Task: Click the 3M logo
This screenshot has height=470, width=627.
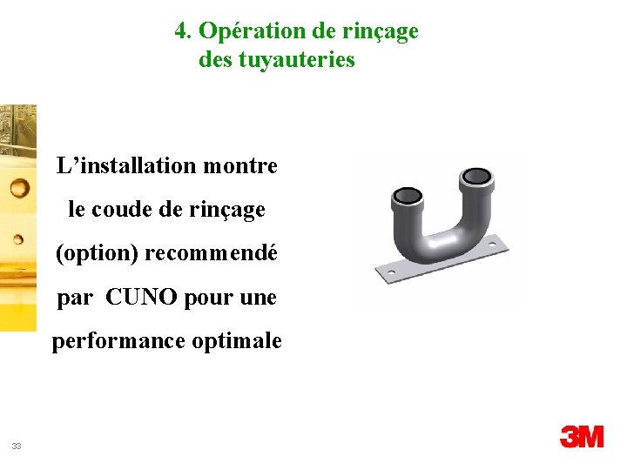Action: pyautogui.click(x=581, y=437)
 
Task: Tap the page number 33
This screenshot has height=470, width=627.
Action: pyautogui.click(x=17, y=446)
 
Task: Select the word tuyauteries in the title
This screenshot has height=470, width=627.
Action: pyautogui.click(x=296, y=60)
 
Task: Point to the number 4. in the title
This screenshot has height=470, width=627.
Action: pyautogui.click(x=183, y=31)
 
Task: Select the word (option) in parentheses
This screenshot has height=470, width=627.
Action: pyautogui.click(x=97, y=254)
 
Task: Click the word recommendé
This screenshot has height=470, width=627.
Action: pyautogui.click(x=211, y=254)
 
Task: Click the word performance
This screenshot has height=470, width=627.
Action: pyautogui.click(x=114, y=341)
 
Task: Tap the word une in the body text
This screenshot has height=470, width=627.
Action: pyautogui.click(x=257, y=298)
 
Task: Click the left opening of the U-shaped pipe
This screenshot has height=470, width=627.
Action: pyautogui.click(x=408, y=195)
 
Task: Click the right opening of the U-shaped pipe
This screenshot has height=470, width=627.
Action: pyautogui.click(x=476, y=178)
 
